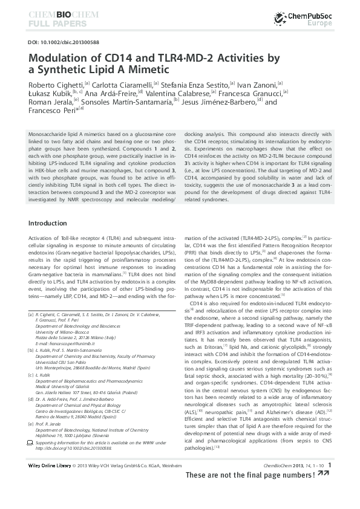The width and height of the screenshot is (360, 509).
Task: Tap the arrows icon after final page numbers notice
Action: pos(324,475)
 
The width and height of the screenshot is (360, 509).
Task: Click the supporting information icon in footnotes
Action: pos(31,443)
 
